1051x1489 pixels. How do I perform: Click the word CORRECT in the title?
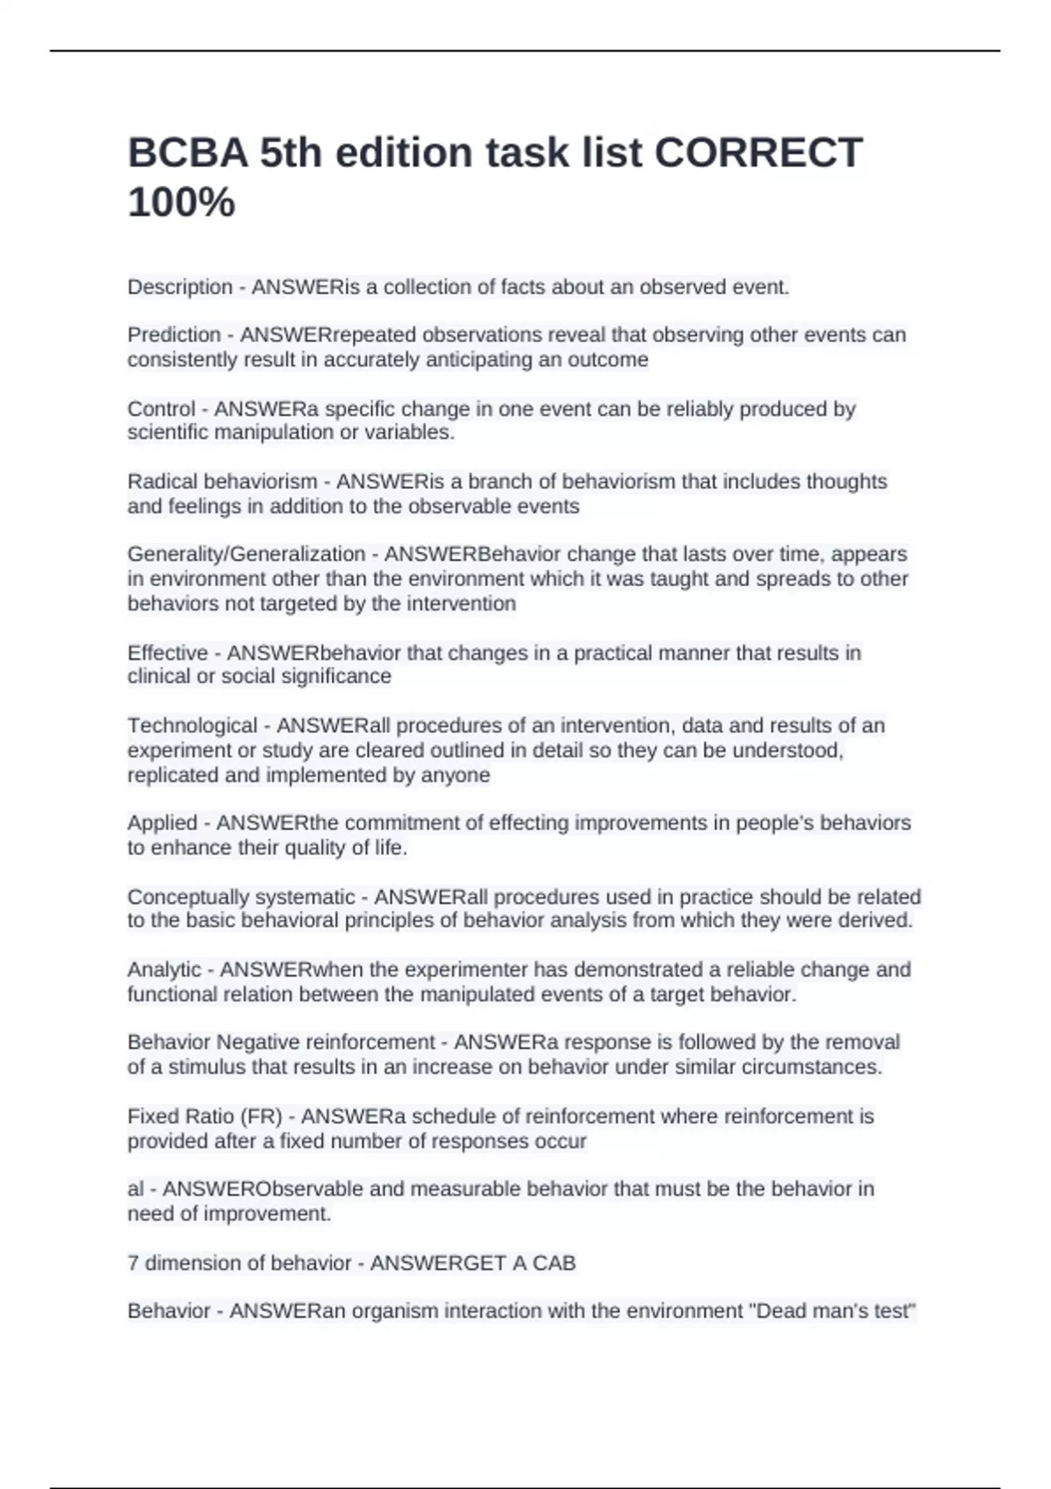pyautogui.click(x=758, y=152)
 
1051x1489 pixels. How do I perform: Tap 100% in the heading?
pyautogui.click(x=181, y=203)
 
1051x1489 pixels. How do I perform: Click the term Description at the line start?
pyautogui.click(x=180, y=287)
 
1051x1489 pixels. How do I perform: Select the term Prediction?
pyautogui.click(x=173, y=335)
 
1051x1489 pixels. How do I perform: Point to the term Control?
pyautogui.click(x=161, y=409)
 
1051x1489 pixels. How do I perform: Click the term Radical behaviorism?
pyautogui.click(x=222, y=482)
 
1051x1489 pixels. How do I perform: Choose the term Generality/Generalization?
pyautogui.click(x=246, y=554)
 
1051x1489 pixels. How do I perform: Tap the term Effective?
pyautogui.click(x=167, y=653)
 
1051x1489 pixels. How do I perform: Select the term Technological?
pyautogui.click(x=193, y=726)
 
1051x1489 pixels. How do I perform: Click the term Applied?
pyautogui.click(x=162, y=823)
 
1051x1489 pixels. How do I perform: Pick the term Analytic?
pyautogui.click(x=165, y=970)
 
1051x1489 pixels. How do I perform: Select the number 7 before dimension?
pyautogui.click(x=133, y=1263)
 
